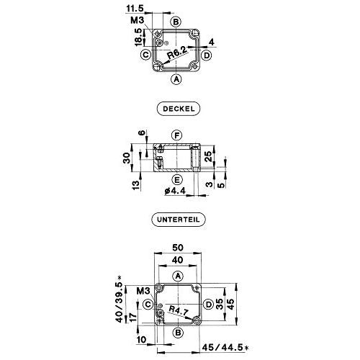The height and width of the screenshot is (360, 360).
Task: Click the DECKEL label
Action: [x=179, y=109]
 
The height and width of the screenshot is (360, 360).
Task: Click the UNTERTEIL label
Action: [x=179, y=220]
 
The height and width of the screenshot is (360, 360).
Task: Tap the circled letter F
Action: [x=176, y=135]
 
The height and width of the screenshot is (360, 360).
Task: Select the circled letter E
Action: [x=177, y=179]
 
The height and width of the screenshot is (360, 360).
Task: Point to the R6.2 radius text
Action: [x=177, y=53]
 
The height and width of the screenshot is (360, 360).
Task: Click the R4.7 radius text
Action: [x=179, y=311]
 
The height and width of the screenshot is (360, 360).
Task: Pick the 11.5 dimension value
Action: [x=135, y=9]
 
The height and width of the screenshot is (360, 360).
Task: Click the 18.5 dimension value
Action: [x=139, y=37]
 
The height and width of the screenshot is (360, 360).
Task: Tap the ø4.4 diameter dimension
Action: [x=175, y=191]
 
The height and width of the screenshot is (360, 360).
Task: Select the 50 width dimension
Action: [x=178, y=248]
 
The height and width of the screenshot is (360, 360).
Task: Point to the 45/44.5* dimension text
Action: [x=225, y=347]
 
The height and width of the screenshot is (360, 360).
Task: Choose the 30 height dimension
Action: [x=127, y=158]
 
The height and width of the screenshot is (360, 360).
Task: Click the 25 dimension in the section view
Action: [x=209, y=156]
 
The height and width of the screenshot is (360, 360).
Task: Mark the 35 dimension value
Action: [x=220, y=304]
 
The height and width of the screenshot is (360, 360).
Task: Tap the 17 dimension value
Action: [x=132, y=317]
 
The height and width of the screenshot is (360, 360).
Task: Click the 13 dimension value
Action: [x=136, y=185]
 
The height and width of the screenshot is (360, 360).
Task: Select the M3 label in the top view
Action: [x=137, y=20]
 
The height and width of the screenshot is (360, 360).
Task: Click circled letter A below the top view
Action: [x=176, y=79]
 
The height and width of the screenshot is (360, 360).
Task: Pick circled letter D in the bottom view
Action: [x=209, y=305]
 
